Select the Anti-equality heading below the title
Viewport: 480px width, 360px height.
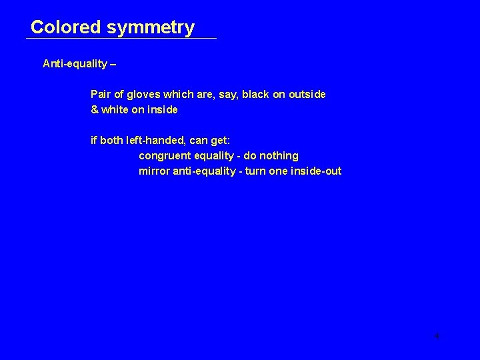coord(75,63)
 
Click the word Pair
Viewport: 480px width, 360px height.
coord(101,94)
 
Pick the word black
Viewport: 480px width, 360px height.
coord(255,94)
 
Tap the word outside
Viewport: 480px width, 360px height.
coord(306,94)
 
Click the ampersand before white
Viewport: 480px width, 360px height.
coord(94,109)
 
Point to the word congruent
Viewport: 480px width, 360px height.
coord(164,155)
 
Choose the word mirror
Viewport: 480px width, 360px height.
coord(153,171)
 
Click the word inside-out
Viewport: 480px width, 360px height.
coord(315,171)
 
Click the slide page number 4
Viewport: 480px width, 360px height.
coord(437,335)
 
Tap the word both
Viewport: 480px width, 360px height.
coord(112,141)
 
